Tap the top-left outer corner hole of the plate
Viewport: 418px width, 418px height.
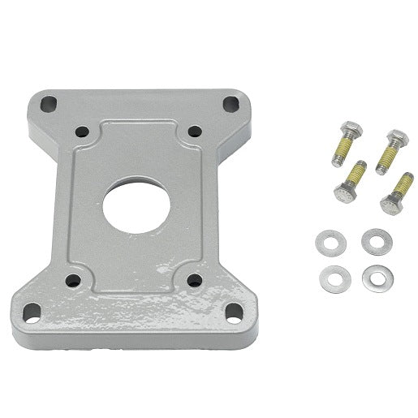coord(50,104)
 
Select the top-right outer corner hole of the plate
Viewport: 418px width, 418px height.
coord(231,103)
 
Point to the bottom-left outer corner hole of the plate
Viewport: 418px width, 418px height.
coord(32,309)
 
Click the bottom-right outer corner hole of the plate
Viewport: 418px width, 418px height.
coord(230,310)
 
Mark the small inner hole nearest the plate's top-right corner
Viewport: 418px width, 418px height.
coord(195,131)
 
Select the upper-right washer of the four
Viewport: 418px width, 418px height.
coord(374,241)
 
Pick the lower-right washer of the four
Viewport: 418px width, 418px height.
coord(374,276)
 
